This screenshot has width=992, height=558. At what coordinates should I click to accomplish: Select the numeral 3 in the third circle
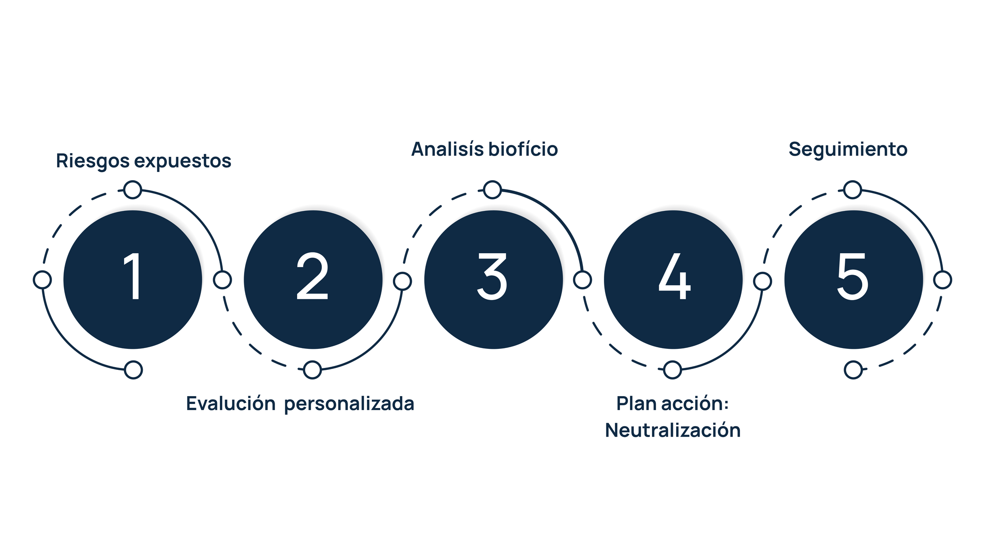click(x=492, y=276)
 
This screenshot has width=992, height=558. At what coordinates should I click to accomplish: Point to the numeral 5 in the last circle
click(x=853, y=276)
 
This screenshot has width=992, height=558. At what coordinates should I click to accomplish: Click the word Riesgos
click(x=93, y=162)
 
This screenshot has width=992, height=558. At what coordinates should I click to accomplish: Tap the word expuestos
click(x=183, y=162)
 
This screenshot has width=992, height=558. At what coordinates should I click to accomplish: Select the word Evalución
click(x=231, y=404)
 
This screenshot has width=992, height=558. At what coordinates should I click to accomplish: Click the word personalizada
click(x=349, y=404)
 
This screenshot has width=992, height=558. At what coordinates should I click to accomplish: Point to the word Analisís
click(x=448, y=149)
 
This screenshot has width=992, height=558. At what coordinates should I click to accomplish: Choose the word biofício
click(x=523, y=149)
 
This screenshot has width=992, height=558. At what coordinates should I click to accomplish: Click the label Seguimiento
click(x=848, y=150)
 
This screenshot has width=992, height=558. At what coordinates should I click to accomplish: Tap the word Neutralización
click(x=673, y=430)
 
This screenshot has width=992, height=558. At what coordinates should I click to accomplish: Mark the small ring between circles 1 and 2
click(x=222, y=280)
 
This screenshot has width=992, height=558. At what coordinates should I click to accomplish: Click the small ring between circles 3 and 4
click(x=583, y=280)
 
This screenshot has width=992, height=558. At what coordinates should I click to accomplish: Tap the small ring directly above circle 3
click(x=492, y=190)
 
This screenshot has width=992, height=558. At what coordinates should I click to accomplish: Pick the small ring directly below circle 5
click(x=853, y=370)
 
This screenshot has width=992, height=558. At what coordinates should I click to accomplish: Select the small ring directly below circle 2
click(x=312, y=370)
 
